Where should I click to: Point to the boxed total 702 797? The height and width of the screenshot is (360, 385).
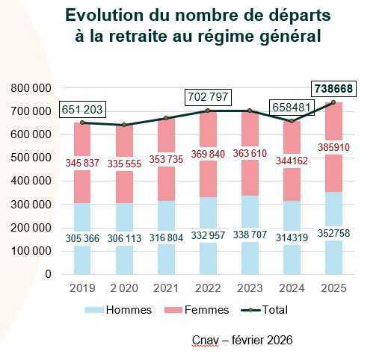tap(209, 98)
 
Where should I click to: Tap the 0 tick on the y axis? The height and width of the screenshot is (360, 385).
tap(49, 274)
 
